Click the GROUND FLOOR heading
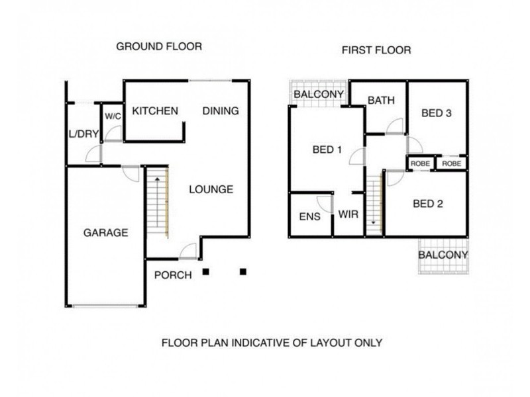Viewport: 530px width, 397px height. click(159, 46)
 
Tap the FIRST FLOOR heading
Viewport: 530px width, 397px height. click(376, 50)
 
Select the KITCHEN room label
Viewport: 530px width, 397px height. click(155, 110)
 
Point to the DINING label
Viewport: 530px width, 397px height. click(221, 110)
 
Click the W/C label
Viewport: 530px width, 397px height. click(113, 116)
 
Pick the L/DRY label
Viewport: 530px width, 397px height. click(83, 134)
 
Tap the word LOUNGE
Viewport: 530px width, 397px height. click(211, 189)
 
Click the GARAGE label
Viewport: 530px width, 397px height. click(105, 233)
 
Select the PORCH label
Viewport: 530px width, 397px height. click(173, 275)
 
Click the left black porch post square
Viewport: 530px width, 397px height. click(205, 272)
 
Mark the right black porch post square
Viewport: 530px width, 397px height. click(243, 272)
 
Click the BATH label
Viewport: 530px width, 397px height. click(381, 101)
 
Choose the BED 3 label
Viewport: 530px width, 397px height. click(436, 113)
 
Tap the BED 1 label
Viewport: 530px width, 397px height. click(327, 150)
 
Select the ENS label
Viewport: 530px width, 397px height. click(309, 216)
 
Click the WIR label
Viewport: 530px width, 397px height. click(348, 214)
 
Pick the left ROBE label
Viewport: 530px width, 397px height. click(420, 163)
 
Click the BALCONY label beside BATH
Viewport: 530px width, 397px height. click(319, 94)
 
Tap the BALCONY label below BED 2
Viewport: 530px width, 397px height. click(443, 255)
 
